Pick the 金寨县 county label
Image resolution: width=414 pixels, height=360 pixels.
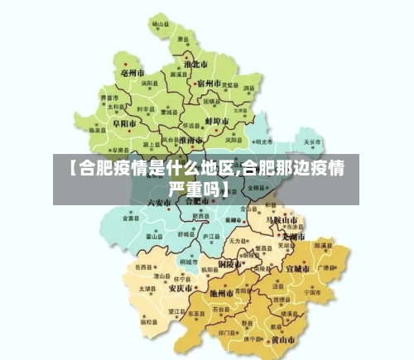tap(131, 218)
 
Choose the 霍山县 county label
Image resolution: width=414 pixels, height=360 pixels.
tap(152, 236)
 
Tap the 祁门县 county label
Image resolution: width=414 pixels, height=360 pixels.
tap(226, 332)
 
